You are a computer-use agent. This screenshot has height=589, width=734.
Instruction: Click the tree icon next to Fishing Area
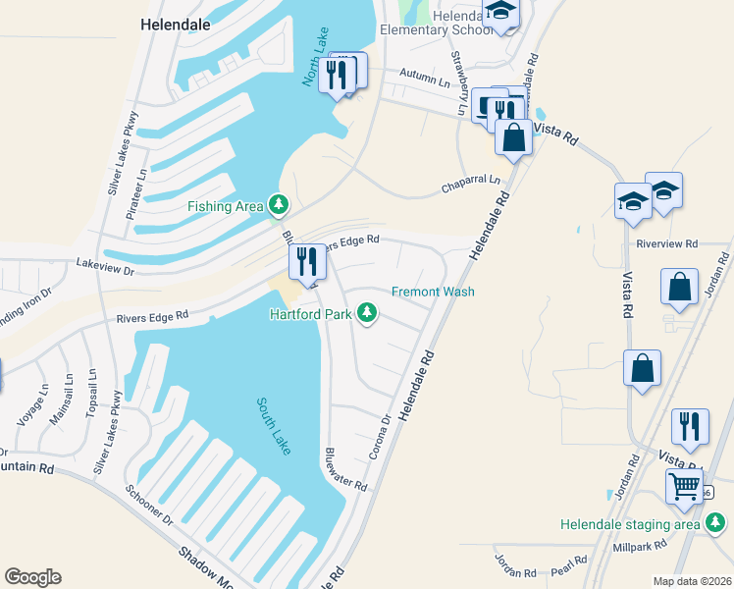[281, 204]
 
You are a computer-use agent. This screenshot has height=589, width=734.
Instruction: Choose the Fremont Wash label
[433, 292]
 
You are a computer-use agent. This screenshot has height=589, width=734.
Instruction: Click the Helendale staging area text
[630, 524]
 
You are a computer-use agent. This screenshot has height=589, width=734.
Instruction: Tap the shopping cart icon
[684, 485]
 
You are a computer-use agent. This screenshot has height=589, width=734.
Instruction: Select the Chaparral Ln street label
[470, 181]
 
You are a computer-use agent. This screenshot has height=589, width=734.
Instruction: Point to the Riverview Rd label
[666, 243]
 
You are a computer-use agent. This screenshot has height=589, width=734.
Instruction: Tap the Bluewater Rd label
[345, 470]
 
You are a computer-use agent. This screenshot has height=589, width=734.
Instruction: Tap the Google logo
[32, 577]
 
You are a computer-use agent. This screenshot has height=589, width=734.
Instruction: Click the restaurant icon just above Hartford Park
[307, 262]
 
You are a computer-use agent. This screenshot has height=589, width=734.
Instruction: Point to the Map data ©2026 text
[692, 581]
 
